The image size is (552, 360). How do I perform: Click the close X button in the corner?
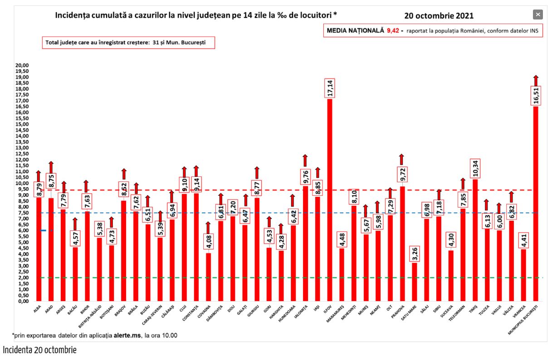coord(537,15)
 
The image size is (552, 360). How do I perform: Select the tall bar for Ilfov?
coord(329,199)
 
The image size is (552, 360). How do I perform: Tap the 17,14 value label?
coord(330,88)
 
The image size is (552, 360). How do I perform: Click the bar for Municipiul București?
coord(535,204)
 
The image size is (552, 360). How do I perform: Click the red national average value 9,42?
coord(392,30)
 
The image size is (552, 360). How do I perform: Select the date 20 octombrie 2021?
coord(439,16)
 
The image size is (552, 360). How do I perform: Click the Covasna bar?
coord(208,277)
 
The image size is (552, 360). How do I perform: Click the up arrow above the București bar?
coord(536,81)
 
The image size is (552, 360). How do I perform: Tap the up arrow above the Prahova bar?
coord(401,159)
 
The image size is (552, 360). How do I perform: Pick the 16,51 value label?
coord(536,97)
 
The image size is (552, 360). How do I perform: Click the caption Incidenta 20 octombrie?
coord(40,350)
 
